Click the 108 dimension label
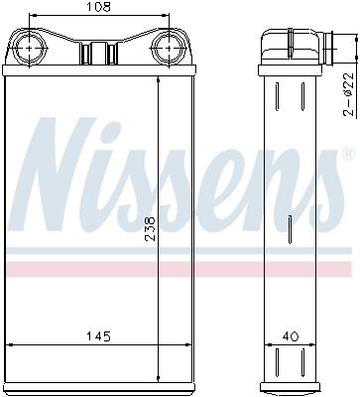click(x=98, y=7)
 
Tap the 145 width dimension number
click(x=98, y=336)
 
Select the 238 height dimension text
click(x=150, y=229)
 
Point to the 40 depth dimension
click(x=291, y=336)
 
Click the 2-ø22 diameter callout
click(x=348, y=94)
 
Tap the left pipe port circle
click(x=30, y=49)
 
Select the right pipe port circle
click(x=169, y=49)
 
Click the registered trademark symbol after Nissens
click(x=346, y=153)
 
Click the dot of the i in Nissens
click(x=111, y=130)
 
